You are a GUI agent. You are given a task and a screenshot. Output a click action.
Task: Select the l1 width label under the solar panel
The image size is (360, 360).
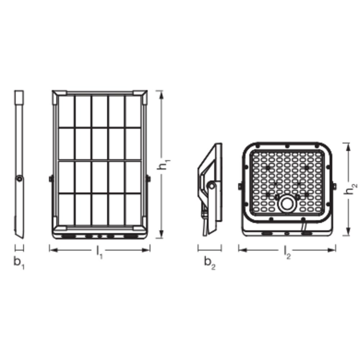99,252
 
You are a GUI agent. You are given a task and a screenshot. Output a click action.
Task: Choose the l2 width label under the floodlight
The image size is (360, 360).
287,252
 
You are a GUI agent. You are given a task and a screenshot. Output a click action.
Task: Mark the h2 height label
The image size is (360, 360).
351,189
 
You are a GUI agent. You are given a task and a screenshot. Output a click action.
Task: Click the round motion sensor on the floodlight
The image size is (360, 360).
287,204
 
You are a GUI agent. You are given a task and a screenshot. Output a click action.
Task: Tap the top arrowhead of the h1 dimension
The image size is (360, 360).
162,95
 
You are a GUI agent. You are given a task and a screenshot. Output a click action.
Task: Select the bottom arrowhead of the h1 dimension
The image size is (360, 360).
162,234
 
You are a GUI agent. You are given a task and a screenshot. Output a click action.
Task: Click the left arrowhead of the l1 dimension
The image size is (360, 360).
54,250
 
